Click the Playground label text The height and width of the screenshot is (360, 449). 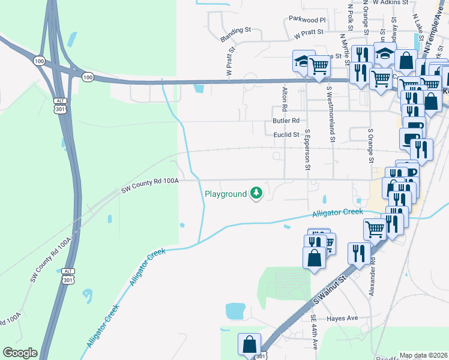[226, 194]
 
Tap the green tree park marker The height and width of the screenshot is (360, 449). [257, 193]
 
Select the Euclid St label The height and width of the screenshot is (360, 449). [286, 136]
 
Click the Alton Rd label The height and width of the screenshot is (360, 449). [285, 100]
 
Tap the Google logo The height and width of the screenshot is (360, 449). [20, 353]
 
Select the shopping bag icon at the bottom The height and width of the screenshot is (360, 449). [249, 344]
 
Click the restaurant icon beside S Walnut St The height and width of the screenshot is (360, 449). [358, 251]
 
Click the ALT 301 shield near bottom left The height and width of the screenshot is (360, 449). [68, 275]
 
